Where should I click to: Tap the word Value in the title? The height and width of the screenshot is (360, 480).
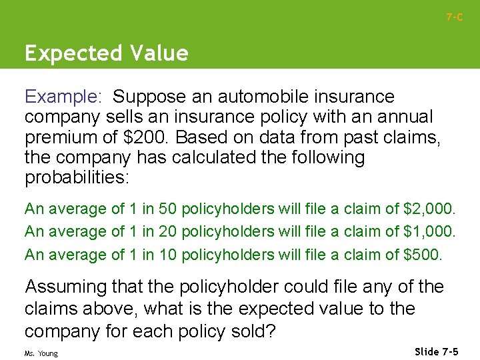161,53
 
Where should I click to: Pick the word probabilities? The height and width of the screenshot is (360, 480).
79,178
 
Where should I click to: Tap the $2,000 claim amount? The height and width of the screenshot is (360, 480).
429,209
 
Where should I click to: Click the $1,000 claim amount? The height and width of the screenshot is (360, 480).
429,232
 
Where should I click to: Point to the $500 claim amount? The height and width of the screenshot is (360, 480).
423,255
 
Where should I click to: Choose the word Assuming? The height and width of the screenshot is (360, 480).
65,287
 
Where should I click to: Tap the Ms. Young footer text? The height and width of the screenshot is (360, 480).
41,353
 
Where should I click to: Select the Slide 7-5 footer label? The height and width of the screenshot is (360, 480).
437,351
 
